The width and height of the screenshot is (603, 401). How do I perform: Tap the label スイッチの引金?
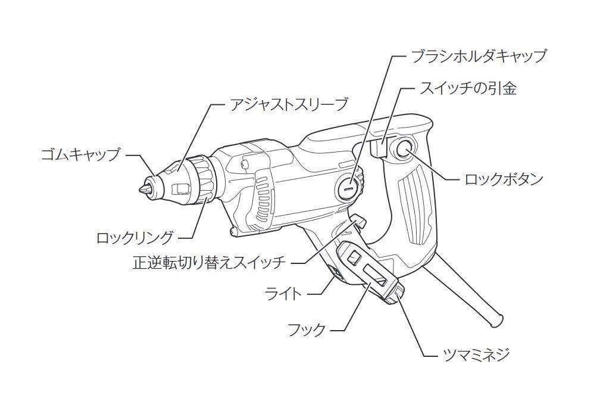[x=467, y=89]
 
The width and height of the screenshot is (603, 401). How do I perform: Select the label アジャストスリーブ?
[x=289, y=105]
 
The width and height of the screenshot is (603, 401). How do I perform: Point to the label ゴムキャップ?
[x=80, y=154]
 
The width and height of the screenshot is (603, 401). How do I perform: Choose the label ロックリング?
[x=135, y=238]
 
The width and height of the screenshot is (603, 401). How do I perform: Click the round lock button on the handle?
[x=404, y=150]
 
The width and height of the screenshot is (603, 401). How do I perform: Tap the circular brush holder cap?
[x=348, y=188]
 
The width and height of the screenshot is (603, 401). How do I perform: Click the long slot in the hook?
[x=376, y=276]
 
